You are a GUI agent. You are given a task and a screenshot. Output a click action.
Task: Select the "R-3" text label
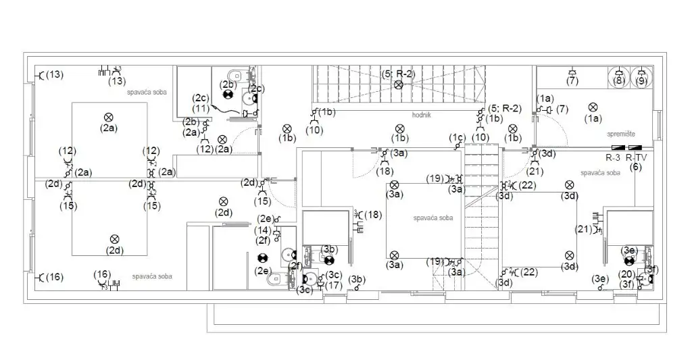point(613,157)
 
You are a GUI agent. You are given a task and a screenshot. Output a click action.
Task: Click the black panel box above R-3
point(618,147)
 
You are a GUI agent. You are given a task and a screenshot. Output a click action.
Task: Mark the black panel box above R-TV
point(635,147)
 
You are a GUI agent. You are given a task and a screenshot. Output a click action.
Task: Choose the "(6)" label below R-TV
point(635,166)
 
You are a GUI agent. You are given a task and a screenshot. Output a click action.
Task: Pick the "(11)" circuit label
point(200,108)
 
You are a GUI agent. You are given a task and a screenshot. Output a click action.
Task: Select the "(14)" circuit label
point(263,230)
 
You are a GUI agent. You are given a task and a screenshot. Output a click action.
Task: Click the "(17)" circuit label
point(332,286)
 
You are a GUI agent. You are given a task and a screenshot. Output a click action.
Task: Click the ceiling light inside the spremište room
point(593,107)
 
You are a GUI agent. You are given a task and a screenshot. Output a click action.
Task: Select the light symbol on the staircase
point(399,84)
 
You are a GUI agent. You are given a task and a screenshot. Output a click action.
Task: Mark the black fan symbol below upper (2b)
point(228,95)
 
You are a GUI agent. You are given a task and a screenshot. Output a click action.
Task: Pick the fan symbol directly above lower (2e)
point(262,258)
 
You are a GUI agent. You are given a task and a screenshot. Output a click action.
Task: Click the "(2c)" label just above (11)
point(201,98)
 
